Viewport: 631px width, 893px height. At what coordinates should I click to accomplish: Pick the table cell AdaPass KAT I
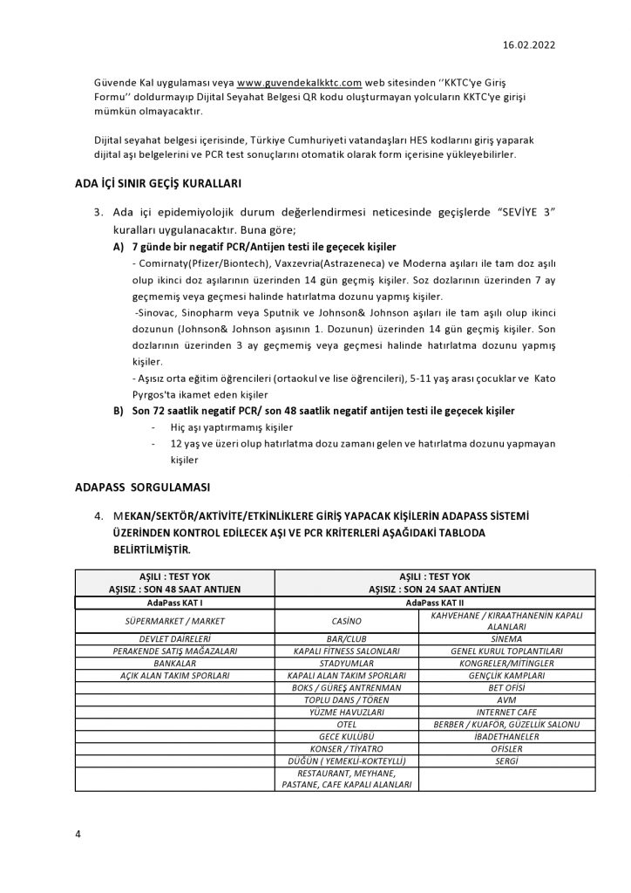175,602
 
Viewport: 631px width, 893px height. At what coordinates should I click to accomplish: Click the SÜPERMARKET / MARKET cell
175,620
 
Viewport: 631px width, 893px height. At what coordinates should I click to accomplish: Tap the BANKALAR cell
175,663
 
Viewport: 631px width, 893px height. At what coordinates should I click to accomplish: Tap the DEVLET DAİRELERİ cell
175,638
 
